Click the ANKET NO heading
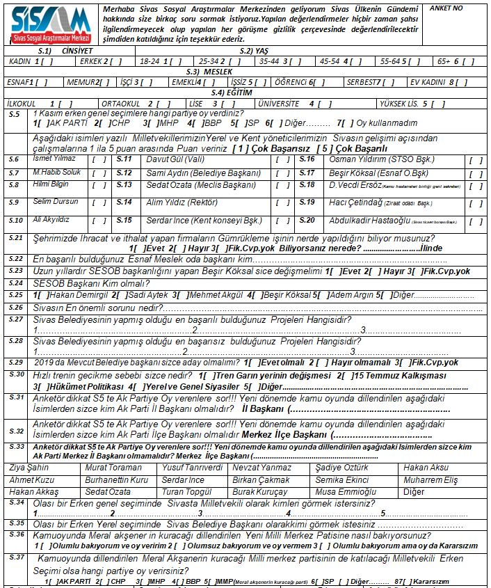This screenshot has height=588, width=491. pos(447,8)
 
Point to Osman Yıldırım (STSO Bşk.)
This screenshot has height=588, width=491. pos(371,159)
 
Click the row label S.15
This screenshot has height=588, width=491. pos(124,220)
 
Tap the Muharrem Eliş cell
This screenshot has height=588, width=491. pos(430,480)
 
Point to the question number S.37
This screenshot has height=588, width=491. pos(17,557)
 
